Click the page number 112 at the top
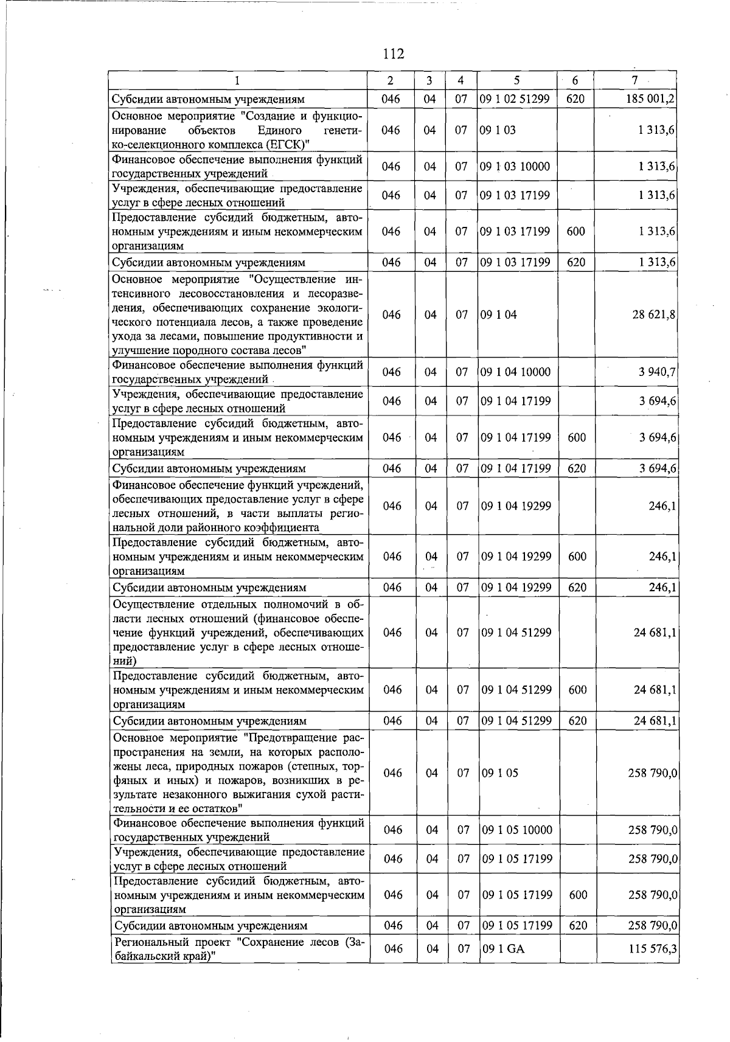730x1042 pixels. [394, 54]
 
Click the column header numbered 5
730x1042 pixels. [516, 81]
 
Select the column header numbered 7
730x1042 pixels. [634, 81]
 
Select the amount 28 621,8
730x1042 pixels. [655, 314]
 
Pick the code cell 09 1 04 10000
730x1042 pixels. [515, 372]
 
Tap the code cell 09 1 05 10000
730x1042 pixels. [516, 830]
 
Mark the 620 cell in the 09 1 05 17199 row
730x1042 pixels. [577, 926]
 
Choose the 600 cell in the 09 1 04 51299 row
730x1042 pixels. [577, 690]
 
